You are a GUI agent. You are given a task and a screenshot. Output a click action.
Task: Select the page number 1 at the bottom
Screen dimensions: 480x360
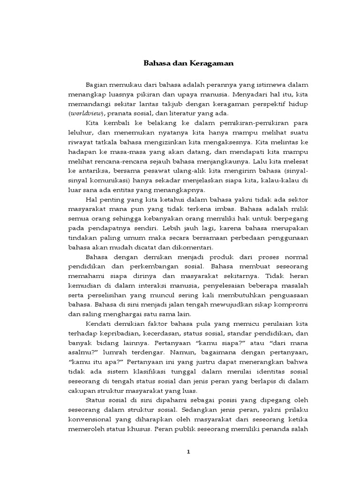click(x=187, y=452)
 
